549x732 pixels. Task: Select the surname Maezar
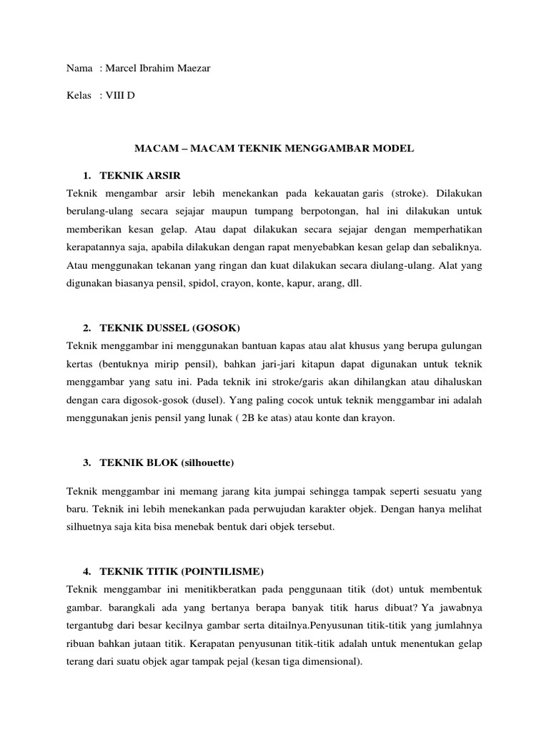click(x=190, y=68)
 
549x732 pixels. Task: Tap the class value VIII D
click(x=121, y=95)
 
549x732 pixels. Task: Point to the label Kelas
click(x=79, y=95)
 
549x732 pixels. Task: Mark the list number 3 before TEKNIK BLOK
click(x=86, y=463)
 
